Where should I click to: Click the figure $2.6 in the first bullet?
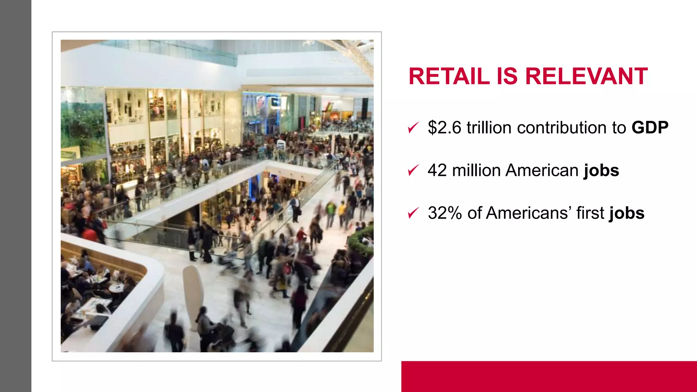pos(444,128)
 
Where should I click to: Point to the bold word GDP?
pos(650,128)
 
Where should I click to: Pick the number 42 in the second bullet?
pos(437,170)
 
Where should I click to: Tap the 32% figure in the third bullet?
pos(445,213)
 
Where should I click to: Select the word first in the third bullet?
pos(590,213)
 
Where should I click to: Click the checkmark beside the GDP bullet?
pos(413,128)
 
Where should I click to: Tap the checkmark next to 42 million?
pos(413,170)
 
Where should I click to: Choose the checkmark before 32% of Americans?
pos(413,213)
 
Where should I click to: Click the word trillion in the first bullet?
pos(489,128)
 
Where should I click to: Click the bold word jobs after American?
pos(601,171)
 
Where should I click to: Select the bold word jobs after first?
pos(627,214)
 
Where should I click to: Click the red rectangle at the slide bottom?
pos(549,376)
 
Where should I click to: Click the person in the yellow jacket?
pos(341,209)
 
